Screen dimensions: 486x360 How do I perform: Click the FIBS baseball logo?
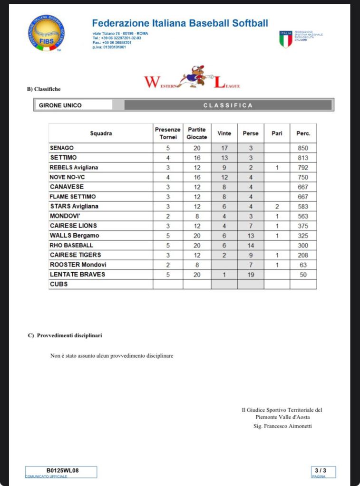coord(46,33)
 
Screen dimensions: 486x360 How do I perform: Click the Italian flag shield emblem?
coord(285,39)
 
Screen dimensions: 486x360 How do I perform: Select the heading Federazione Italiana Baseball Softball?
coord(180,23)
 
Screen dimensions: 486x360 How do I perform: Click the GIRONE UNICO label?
coord(60,105)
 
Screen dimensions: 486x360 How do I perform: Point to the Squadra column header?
coord(101,133)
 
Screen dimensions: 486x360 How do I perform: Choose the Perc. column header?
coord(303,133)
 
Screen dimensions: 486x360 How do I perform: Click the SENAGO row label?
coord(62,148)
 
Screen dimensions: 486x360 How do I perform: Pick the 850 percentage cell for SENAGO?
coord(303,148)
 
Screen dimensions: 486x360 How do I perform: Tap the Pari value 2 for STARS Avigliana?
coord(277,207)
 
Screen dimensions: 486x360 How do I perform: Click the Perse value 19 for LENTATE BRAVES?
coord(251,275)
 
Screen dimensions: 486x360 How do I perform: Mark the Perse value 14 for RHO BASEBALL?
coord(251,246)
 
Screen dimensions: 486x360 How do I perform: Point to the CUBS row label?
coord(58,284)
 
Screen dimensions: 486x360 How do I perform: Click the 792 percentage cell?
coord(303,168)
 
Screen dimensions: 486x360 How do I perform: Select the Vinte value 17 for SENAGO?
coord(224,148)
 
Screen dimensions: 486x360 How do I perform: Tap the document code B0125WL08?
coord(62,470)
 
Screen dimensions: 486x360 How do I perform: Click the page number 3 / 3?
coord(323,470)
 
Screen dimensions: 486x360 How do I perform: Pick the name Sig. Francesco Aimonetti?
coord(282,426)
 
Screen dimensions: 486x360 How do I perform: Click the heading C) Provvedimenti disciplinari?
coord(65,336)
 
